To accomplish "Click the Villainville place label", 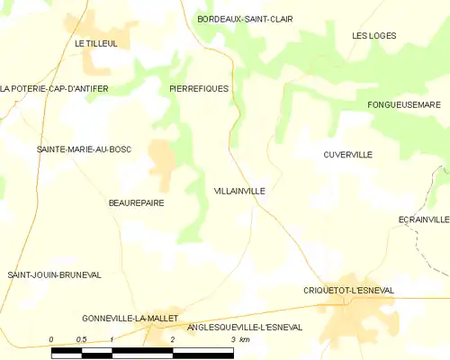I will point(239,191).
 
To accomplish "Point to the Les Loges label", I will point(373,35).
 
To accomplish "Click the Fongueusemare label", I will point(402,105).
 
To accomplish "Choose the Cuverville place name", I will point(347,155).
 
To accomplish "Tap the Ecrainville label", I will point(423,219).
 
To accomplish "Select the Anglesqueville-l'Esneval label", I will point(244,328).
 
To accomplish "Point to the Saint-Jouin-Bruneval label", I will point(54,274).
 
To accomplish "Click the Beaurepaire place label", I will point(136,203).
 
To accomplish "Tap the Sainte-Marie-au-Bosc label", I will point(84,148).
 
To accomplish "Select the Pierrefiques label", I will point(199,88).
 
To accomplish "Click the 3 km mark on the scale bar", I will point(233,339).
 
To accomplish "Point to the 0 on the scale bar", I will point(51,339).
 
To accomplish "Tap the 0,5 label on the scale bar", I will point(81,339).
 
